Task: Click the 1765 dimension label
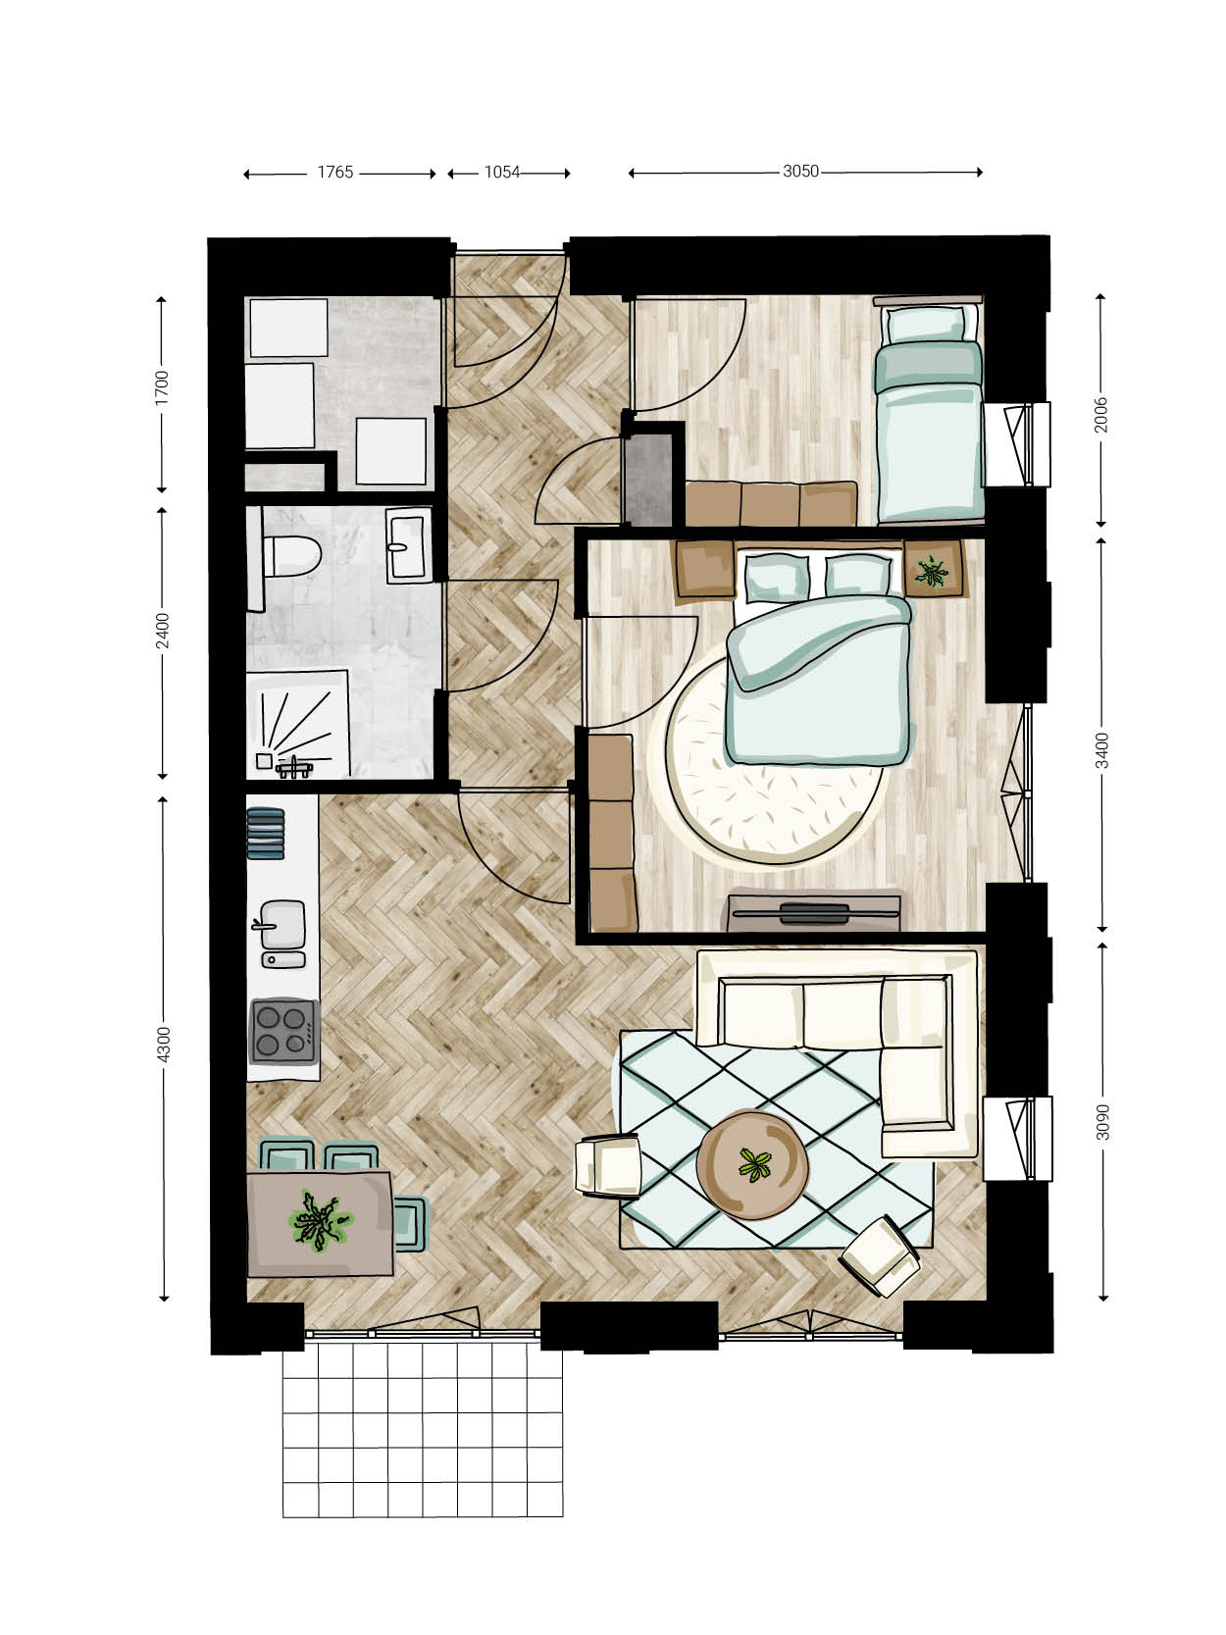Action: (x=334, y=172)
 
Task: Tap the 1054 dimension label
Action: (x=501, y=172)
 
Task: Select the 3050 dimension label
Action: (x=800, y=172)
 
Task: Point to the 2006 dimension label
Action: (x=1100, y=415)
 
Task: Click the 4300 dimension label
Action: (x=164, y=1044)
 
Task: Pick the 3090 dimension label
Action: (x=1103, y=1122)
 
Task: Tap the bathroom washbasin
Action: (x=408, y=545)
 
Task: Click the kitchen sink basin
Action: (x=282, y=925)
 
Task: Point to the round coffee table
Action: (x=752, y=1165)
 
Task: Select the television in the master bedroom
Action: (x=814, y=912)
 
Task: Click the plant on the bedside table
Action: (x=932, y=572)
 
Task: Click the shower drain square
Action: (x=264, y=760)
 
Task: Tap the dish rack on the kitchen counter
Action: (x=266, y=834)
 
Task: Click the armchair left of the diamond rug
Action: (x=608, y=1166)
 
